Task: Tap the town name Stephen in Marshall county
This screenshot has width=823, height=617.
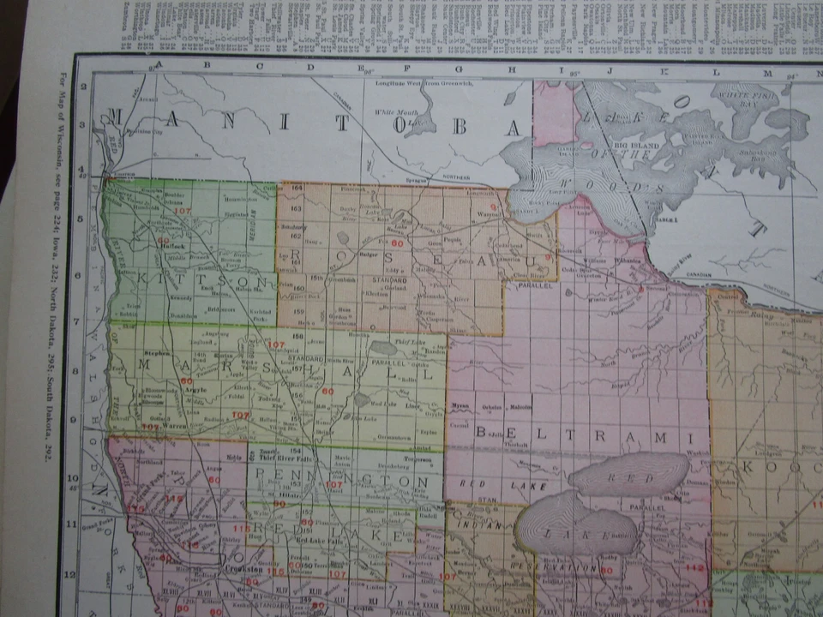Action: point(157,352)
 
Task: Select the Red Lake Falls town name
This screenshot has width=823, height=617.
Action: point(320,541)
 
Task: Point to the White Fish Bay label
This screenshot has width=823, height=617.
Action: point(744,93)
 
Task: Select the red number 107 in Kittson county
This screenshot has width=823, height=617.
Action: point(181,211)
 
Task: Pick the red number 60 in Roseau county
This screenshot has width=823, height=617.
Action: point(396,243)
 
